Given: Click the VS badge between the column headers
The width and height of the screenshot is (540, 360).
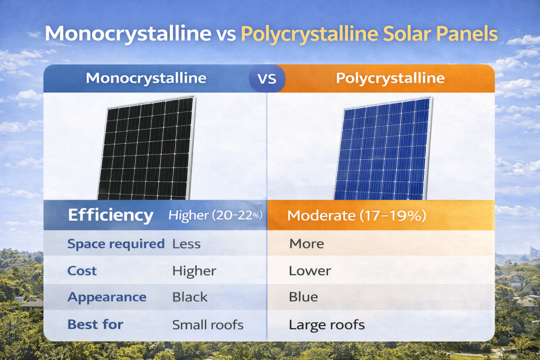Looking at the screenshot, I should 267,79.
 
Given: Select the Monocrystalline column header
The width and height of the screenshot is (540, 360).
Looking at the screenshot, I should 146,79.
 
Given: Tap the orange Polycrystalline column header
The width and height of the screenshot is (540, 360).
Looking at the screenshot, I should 390,79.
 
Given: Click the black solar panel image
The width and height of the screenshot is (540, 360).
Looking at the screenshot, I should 147,147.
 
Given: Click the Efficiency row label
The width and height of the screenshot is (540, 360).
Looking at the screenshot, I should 111,215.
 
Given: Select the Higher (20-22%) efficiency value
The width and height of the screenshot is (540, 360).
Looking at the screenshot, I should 216,215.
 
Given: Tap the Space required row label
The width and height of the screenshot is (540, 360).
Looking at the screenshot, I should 116,244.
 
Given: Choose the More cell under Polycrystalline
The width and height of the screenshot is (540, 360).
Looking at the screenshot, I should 306,244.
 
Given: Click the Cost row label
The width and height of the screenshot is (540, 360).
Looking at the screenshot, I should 82,271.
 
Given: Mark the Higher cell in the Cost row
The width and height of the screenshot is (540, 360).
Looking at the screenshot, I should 194,271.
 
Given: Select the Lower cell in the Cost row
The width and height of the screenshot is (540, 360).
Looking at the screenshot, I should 310,271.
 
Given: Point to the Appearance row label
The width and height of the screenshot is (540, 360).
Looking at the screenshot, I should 107,297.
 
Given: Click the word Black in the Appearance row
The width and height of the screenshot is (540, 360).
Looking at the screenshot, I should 190,297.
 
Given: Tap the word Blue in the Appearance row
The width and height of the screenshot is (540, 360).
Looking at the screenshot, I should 303,297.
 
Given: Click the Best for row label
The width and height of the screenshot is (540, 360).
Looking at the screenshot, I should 95,324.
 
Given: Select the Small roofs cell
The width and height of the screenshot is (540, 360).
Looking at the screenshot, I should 208,324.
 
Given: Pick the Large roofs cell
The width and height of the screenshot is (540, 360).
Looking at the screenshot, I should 326,324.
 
